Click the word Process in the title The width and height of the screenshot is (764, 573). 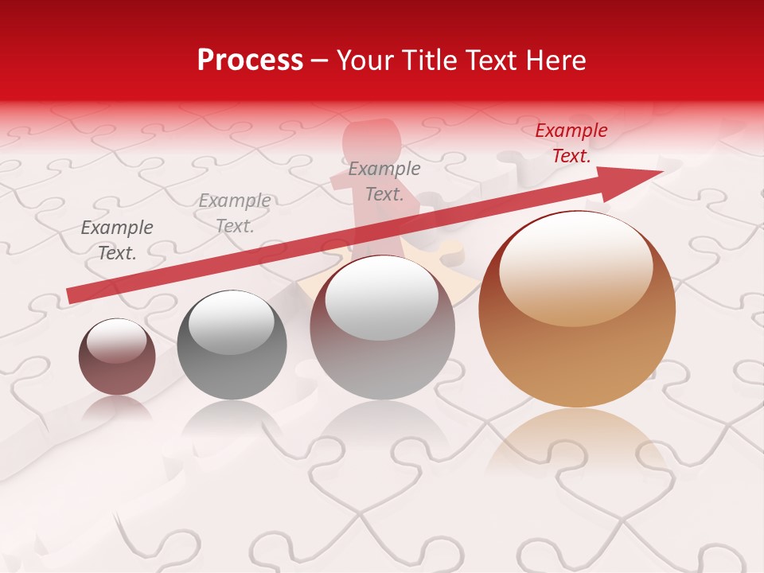click(x=250, y=60)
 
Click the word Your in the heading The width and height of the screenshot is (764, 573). click(x=366, y=60)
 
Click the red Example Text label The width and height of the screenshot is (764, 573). click(x=571, y=143)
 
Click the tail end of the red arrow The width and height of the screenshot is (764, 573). click(x=72, y=295)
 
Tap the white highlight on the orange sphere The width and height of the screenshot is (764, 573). click(x=575, y=268)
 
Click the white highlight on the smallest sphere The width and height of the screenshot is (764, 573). click(x=116, y=341)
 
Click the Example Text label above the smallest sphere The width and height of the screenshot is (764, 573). click(x=117, y=240)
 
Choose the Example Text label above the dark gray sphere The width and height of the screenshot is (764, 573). click(x=235, y=213)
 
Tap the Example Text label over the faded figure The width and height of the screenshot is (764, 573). click(x=384, y=181)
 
